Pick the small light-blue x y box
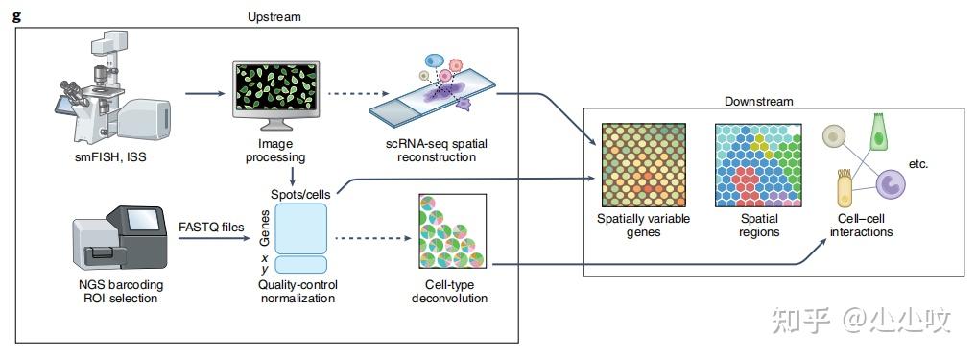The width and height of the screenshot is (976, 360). tap(302, 264)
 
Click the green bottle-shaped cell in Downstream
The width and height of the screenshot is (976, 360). tap(878, 135)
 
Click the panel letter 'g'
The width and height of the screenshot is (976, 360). tap(15, 16)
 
